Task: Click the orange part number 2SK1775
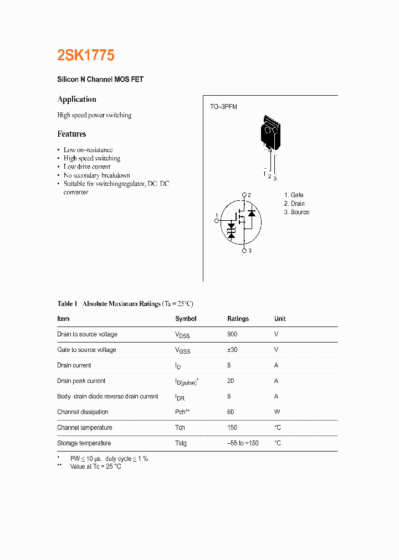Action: click(86, 55)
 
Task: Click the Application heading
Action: click(76, 100)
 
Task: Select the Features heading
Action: click(71, 134)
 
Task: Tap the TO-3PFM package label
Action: click(223, 107)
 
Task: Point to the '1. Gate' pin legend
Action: click(294, 195)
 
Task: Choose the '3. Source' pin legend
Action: click(296, 212)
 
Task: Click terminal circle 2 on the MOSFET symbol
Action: click(244, 195)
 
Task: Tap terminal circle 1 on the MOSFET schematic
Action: click(217, 221)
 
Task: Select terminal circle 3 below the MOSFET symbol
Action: click(244, 251)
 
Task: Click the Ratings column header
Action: click(238, 319)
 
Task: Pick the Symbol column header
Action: click(186, 319)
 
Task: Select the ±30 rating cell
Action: click(232, 350)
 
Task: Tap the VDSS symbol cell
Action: click(182, 335)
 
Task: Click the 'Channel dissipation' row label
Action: click(83, 412)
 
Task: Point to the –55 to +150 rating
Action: click(243, 443)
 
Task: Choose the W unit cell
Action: click(277, 412)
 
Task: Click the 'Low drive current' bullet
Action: click(87, 167)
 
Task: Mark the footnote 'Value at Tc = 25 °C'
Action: click(95, 466)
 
